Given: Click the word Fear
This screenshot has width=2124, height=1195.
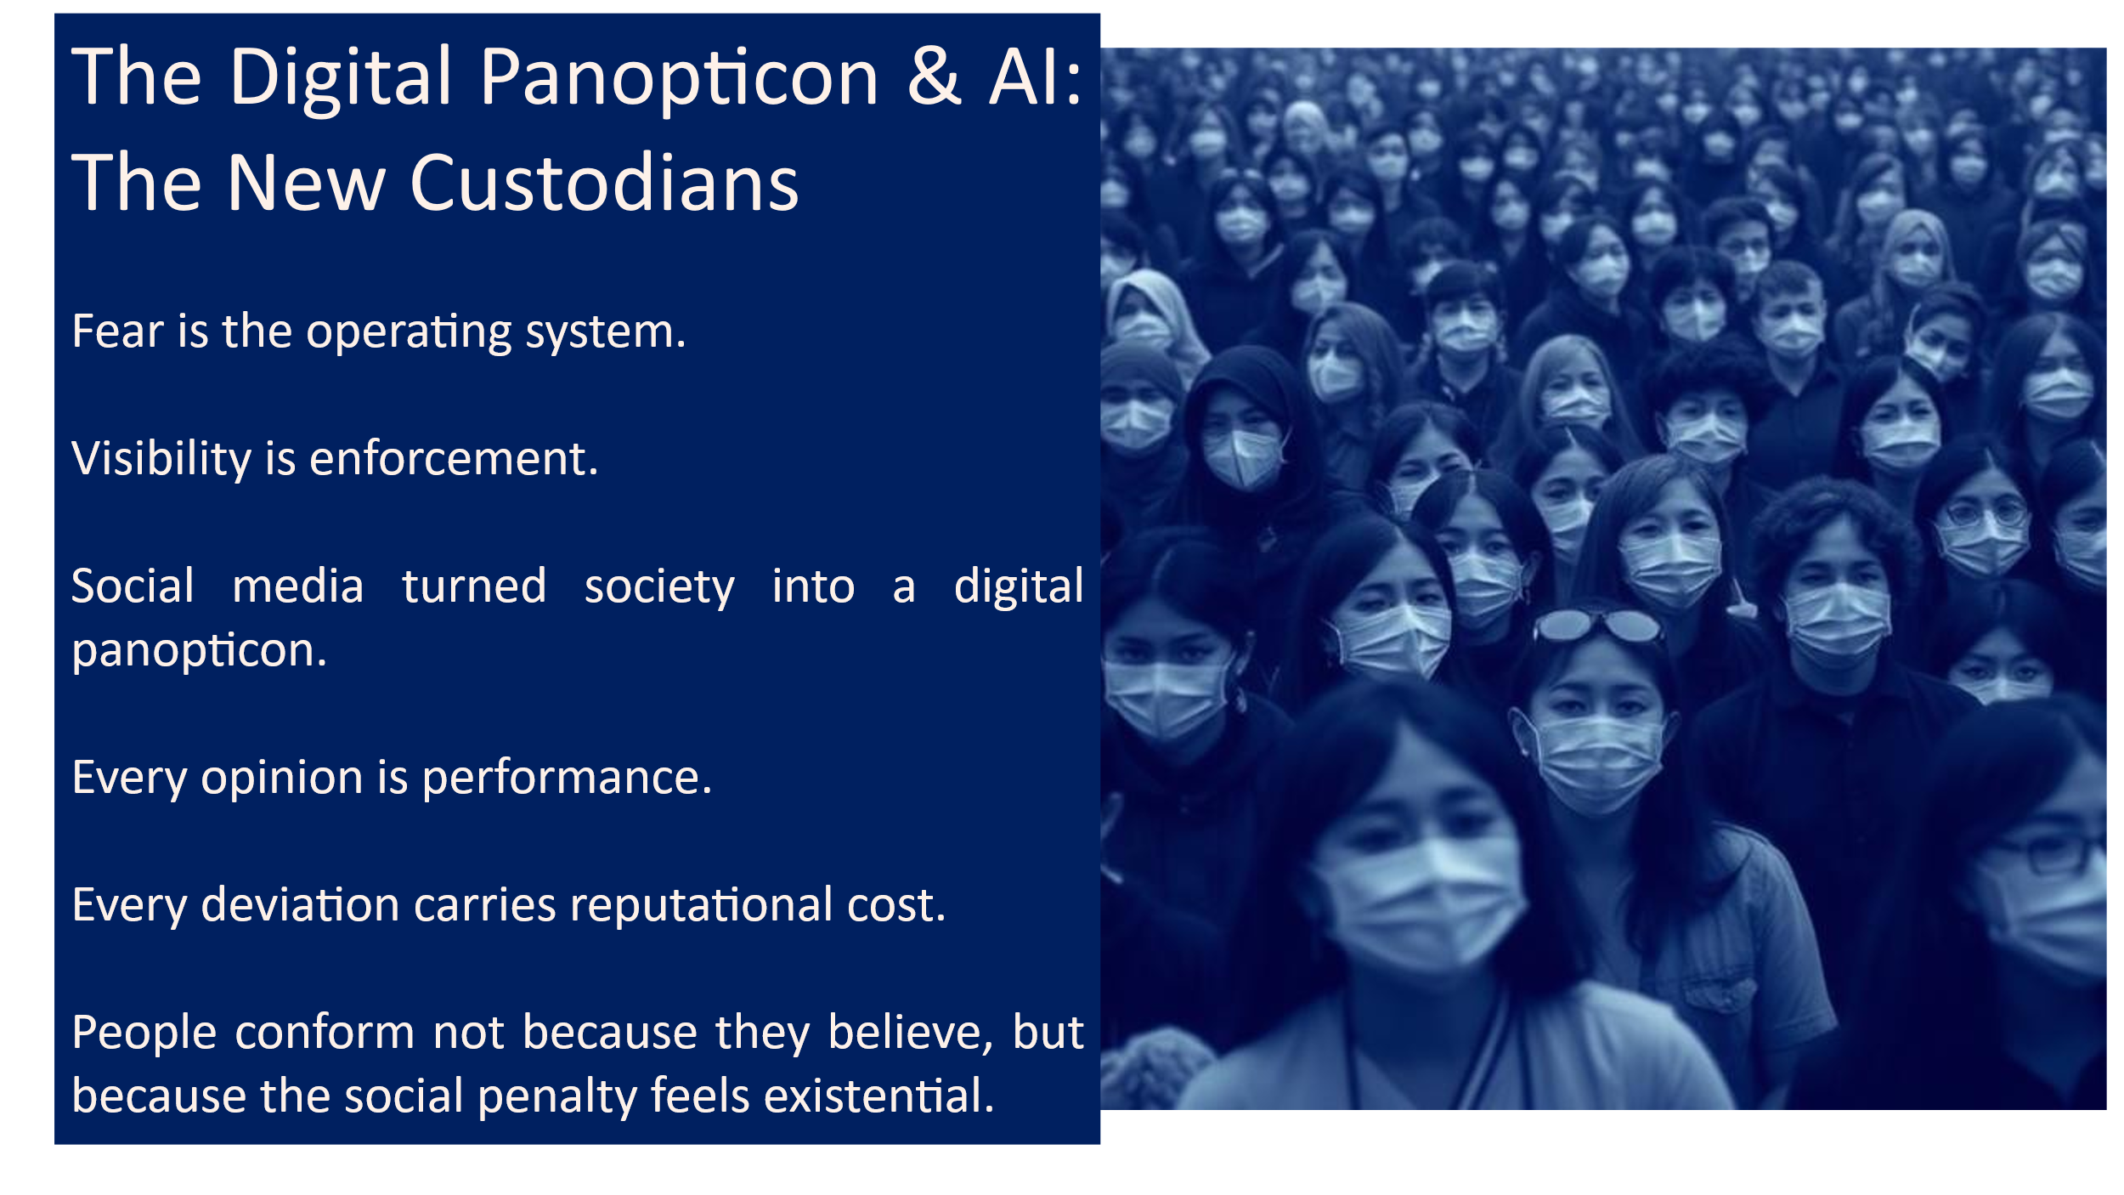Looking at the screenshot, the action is pos(117,331).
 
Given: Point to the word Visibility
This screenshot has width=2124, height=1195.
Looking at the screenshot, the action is pos(161,460).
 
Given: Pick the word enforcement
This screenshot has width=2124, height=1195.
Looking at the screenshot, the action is pos(454,459).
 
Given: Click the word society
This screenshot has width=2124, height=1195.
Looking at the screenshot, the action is pos(659,587).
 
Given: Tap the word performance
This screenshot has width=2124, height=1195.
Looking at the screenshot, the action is pos(567,779).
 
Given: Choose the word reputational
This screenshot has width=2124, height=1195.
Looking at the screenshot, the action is pos(701,906).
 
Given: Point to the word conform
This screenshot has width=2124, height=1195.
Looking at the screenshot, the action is pos(325,1033).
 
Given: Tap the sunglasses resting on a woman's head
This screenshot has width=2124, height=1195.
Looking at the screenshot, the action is pos(1598,626).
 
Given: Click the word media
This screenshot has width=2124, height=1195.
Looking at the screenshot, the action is pos(298,586).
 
